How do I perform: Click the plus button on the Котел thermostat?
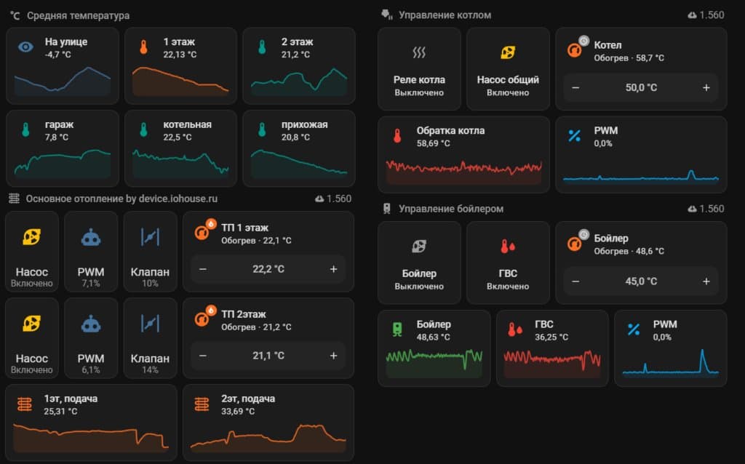706,88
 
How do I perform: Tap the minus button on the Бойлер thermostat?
575,281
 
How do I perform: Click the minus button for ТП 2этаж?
203,356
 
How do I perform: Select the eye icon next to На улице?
25,47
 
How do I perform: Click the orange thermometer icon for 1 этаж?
143,47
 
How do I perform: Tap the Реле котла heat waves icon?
418,52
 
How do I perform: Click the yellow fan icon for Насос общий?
507,52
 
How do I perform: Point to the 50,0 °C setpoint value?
641,88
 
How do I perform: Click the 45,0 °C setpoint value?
641,281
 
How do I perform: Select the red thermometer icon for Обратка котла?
397,136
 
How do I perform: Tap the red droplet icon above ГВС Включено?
507,246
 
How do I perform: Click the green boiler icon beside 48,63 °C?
397,329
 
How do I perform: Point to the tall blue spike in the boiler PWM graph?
703,360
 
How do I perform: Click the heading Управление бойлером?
451,209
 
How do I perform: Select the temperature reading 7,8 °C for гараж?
57,137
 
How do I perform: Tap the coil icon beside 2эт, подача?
202,404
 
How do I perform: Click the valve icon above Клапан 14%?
150,324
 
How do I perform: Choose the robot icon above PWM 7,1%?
91,238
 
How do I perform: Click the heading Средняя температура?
78,16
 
